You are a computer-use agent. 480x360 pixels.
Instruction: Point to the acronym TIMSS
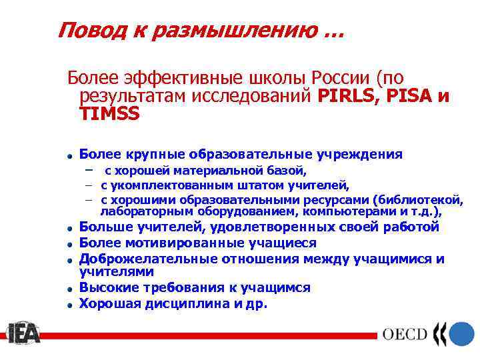[109, 114]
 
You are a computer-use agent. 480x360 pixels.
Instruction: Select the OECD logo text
[404, 334]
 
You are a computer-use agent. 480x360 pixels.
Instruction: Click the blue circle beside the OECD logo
[461, 333]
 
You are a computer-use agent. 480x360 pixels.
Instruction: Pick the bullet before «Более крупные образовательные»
[69, 156]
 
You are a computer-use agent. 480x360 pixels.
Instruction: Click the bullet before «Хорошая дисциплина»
[69, 305]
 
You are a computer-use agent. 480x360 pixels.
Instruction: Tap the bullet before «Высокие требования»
[69, 289]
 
